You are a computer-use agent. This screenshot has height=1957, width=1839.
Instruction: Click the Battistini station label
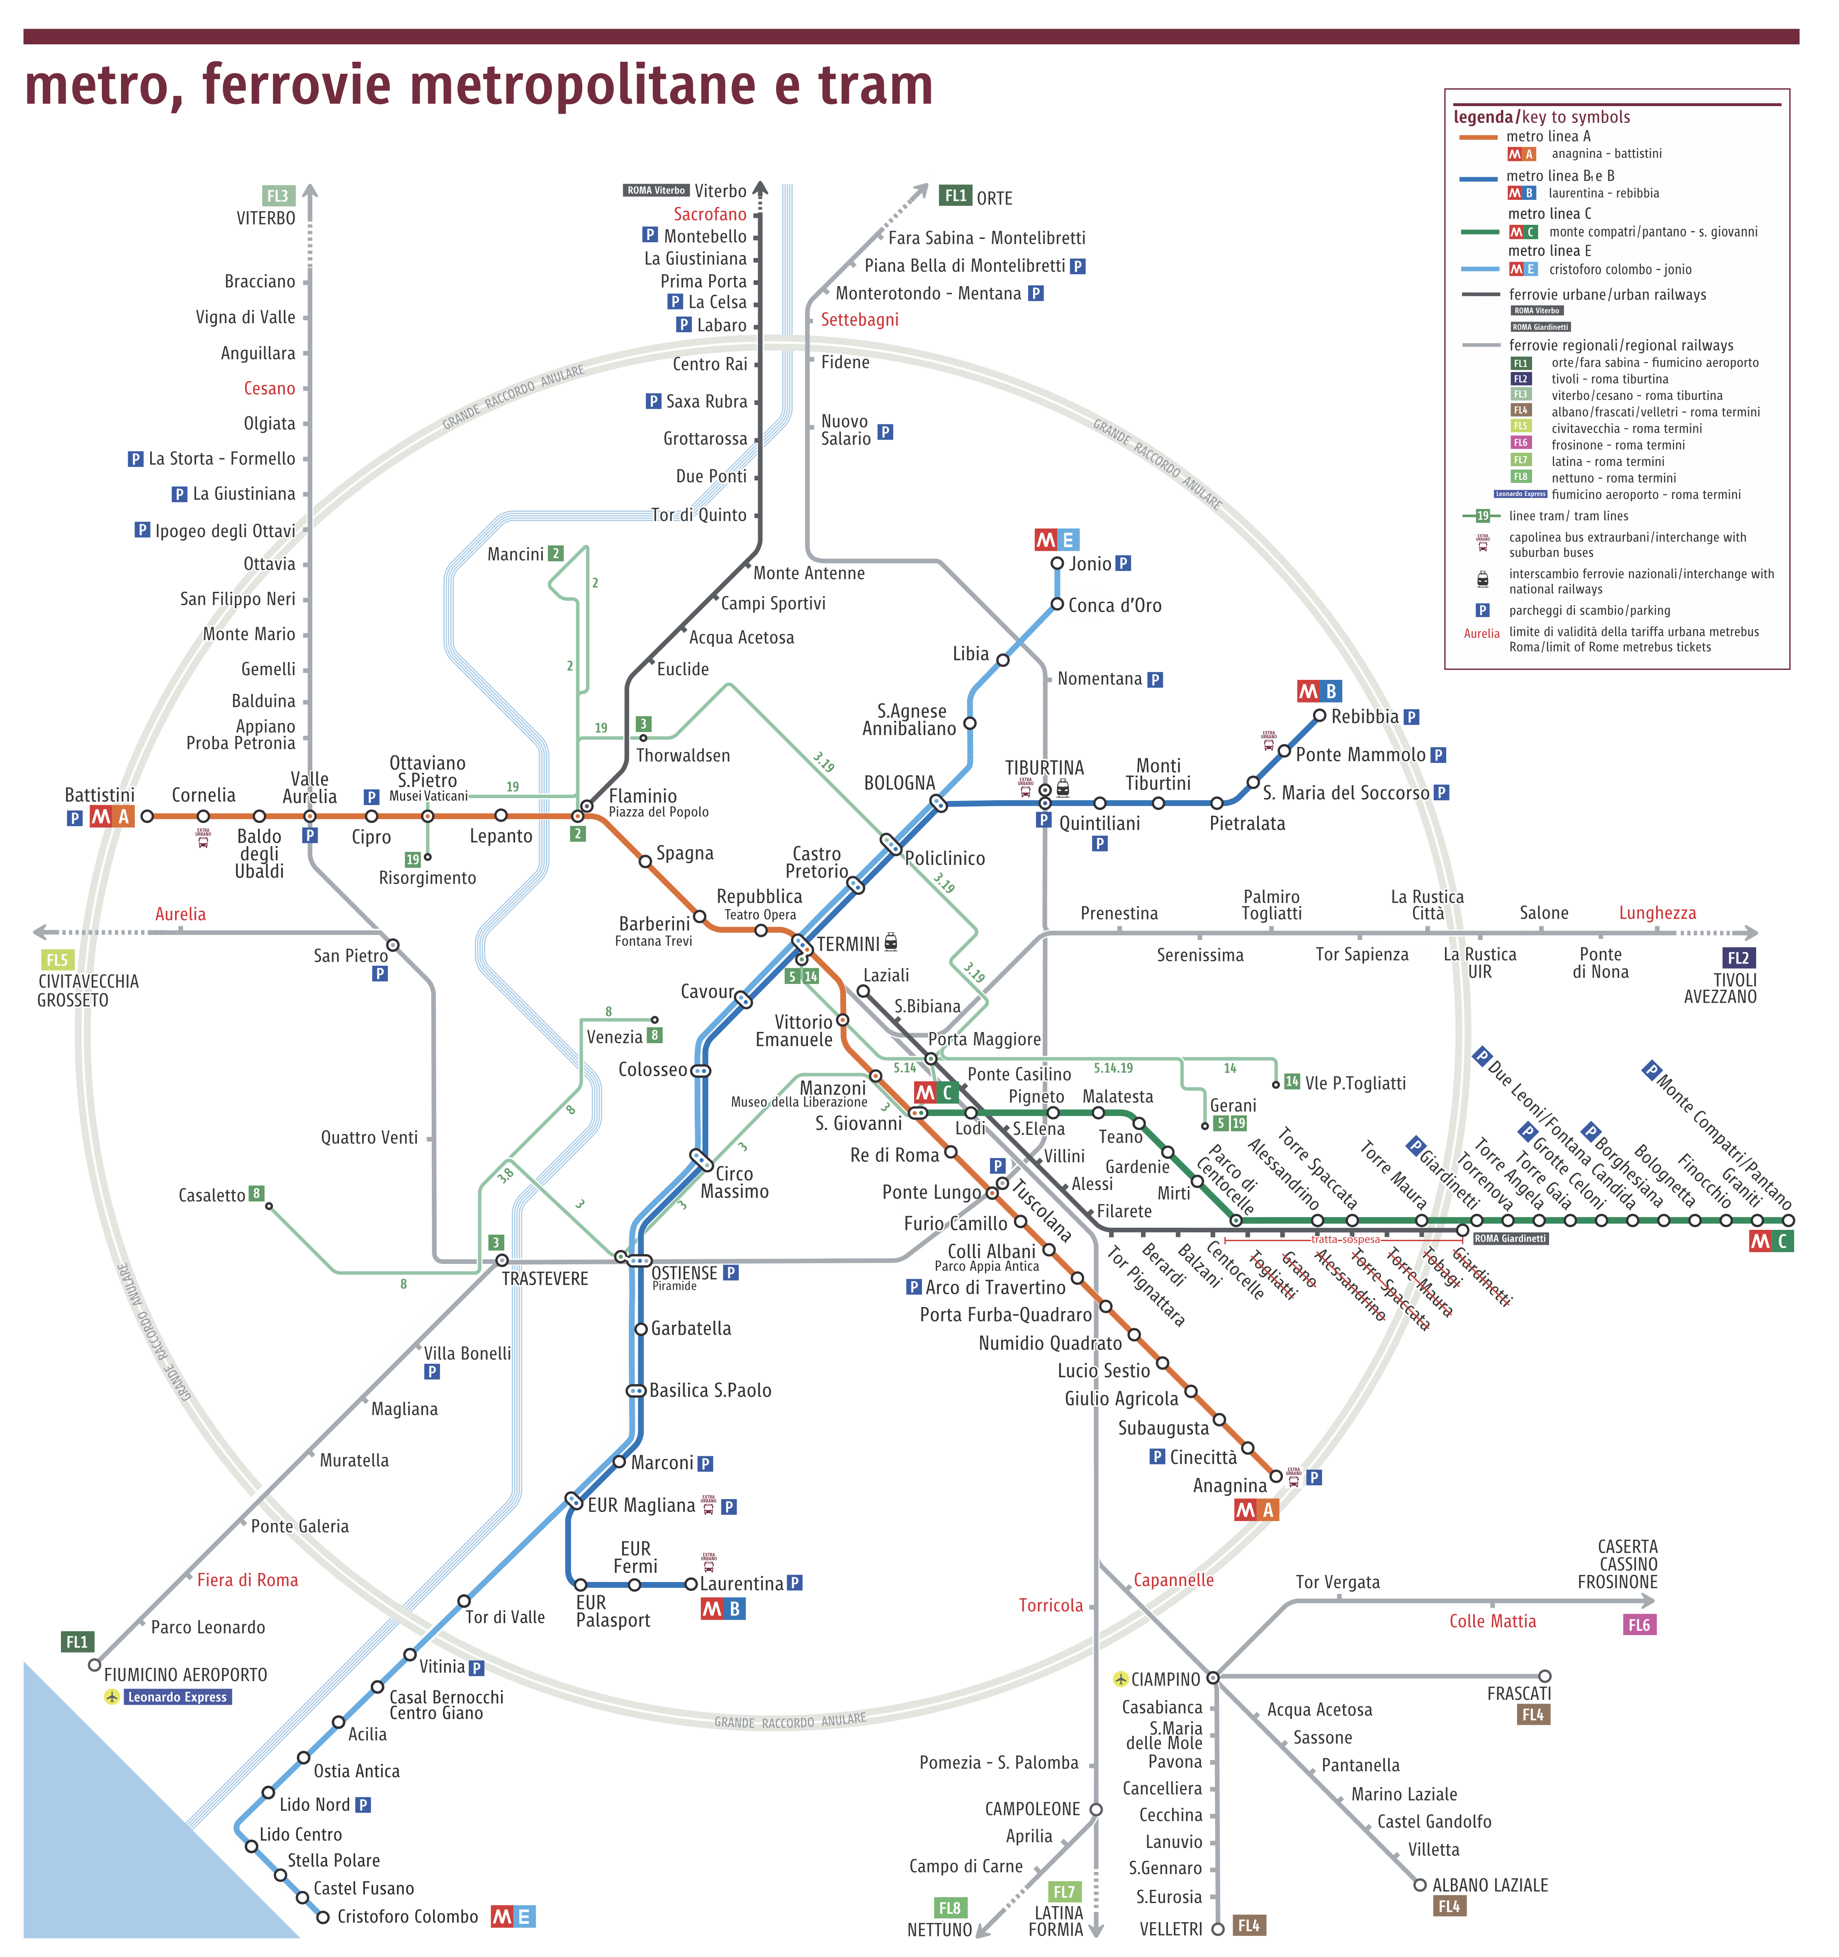click(100, 796)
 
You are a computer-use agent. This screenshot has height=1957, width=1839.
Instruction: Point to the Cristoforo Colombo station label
click(408, 1917)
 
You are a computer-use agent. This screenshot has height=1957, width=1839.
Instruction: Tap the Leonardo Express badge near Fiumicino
click(177, 1697)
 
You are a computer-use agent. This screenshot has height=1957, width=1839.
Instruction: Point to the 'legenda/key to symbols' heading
click(1542, 117)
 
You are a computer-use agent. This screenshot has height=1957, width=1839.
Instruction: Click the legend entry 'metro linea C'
click(1550, 214)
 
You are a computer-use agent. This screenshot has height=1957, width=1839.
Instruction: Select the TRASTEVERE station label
click(545, 1279)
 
